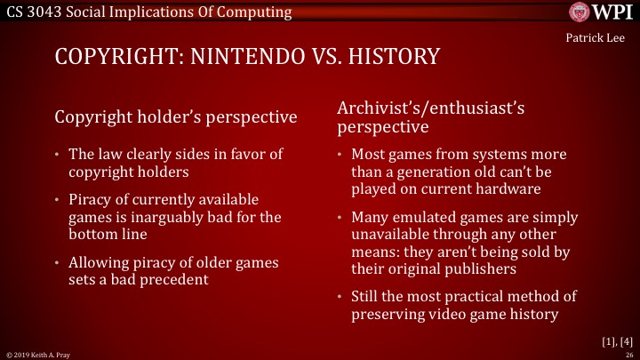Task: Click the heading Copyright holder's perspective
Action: tap(176, 117)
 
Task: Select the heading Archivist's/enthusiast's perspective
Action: tap(431, 117)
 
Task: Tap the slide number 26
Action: tap(628, 354)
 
